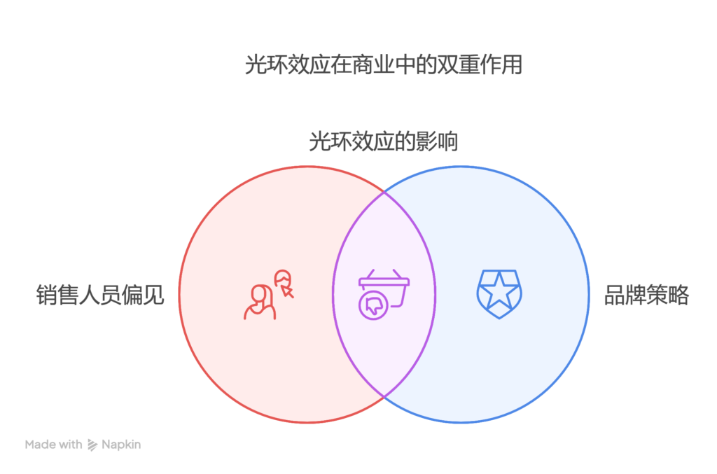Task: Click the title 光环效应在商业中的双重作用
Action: pos(383,64)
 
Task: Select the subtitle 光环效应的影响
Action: pos(383,141)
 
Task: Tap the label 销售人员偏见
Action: pos(100,295)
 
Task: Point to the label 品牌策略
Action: pos(646,295)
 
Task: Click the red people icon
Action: pos(268,295)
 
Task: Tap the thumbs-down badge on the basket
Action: pos(374,305)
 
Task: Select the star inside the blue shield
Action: pos(499,291)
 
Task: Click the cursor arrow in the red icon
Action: pos(288,291)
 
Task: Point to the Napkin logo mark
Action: pos(92,445)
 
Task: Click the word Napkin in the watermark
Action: pos(121,445)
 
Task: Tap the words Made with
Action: pos(53,445)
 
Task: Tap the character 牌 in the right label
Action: pos(636,295)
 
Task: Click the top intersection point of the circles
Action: pos(384,193)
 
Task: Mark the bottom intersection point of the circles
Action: pos(384,396)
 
